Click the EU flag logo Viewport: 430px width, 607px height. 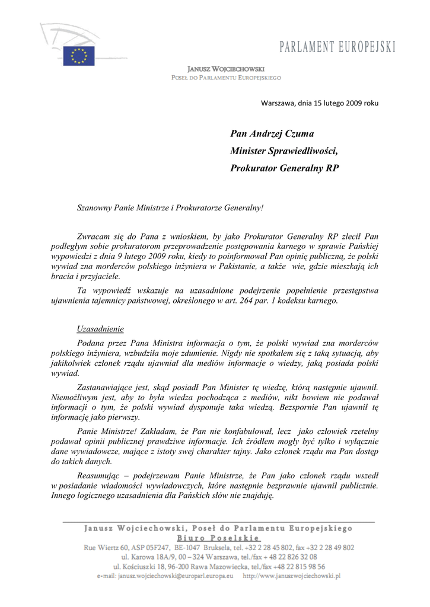(x=79, y=56)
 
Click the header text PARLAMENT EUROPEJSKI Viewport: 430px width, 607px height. (x=337, y=47)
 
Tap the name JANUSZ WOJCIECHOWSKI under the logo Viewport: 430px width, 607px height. (x=226, y=69)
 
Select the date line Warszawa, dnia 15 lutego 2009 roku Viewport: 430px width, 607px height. (x=320, y=103)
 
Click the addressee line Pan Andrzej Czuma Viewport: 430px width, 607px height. (x=272, y=134)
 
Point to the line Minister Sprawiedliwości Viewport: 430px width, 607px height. (x=287, y=151)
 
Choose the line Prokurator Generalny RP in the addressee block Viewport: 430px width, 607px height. (x=284, y=168)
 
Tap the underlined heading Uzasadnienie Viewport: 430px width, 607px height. (x=100, y=329)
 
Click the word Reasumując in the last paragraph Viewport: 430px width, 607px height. (x=101, y=475)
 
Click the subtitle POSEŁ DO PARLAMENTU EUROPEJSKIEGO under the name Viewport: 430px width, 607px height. (x=226, y=78)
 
